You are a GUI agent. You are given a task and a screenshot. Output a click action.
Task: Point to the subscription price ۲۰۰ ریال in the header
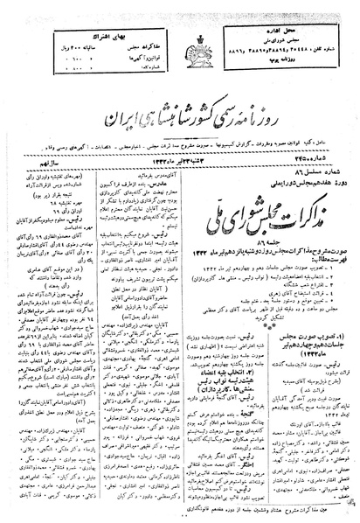[x=53, y=27]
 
